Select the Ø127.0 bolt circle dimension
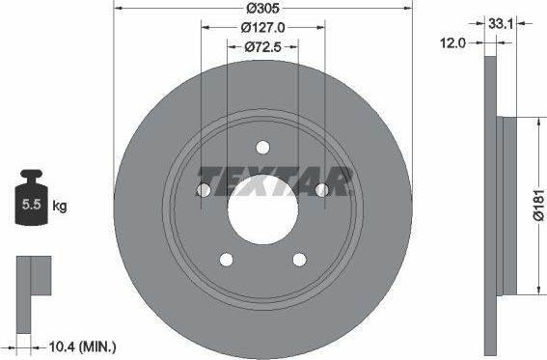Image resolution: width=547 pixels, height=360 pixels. point(262,28)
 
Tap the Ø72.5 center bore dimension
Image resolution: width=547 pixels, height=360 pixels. point(262,46)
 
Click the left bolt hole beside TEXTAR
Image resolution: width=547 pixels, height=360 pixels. point(204,190)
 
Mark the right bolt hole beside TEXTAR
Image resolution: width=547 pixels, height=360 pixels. point(321,190)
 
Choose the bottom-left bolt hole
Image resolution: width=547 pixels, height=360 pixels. point(227,259)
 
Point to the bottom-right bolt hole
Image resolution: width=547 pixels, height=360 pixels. point(299,259)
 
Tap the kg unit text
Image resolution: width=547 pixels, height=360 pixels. point(60,207)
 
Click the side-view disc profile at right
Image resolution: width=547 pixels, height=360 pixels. point(494,205)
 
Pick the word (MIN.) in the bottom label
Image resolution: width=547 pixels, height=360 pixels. point(99,344)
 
